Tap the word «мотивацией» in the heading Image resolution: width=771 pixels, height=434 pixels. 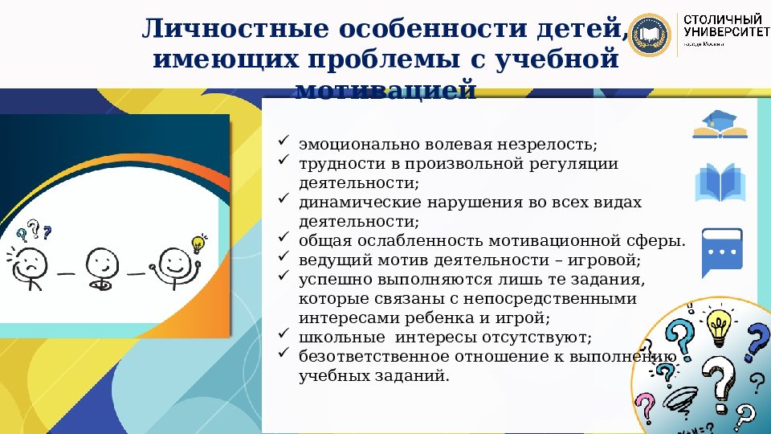point(385,89)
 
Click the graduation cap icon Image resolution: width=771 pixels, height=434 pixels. point(720,123)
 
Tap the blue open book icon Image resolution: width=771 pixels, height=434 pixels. point(720,183)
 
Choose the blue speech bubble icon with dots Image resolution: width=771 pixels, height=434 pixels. point(720,252)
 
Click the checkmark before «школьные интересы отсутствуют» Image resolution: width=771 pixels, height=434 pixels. point(283,334)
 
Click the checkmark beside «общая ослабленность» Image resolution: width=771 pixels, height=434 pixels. point(283,238)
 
